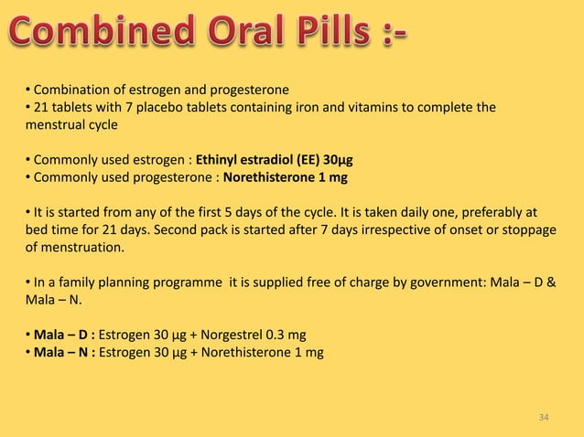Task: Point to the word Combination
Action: click(x=70, y=90)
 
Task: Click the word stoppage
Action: click(x=528, y=229)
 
